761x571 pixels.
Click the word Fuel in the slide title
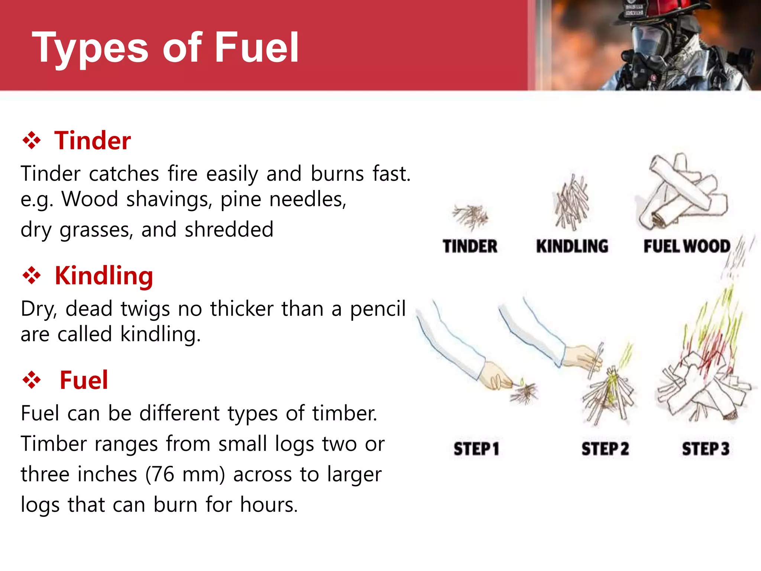click(x=256, y=48)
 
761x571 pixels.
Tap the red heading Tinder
click(x=93, y=141)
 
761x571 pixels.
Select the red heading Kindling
click(x=104, y=276)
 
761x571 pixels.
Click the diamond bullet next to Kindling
click(x=32, y=276)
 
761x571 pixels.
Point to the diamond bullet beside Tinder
click(x=32, y=141)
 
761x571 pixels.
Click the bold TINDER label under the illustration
click(x=470, y=246)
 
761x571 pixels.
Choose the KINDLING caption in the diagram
click(x=572, y=246)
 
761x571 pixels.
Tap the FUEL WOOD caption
click(x=687, y=246)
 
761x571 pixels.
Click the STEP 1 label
click(x=476, y=449)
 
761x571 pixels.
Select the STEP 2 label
click(x=605, y=449)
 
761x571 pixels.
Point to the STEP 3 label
click(x=705, y=449)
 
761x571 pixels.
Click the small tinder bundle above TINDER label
click(x=470, y=216)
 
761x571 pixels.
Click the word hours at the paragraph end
click(x=268, y=505)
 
